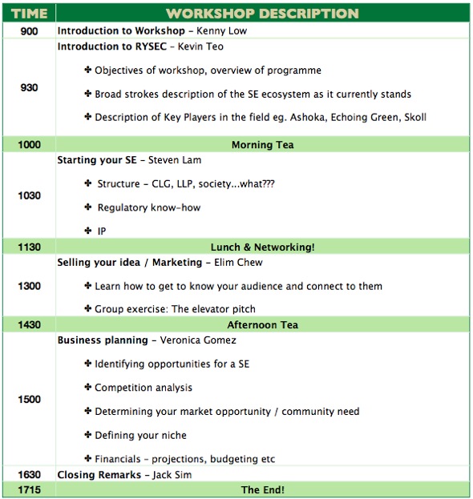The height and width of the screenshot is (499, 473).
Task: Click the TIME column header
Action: pos(28,14)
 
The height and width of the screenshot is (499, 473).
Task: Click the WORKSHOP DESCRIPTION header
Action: pos(261,14)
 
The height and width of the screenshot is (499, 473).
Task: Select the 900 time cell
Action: pos(28,30)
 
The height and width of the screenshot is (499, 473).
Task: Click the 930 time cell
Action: pos(28,87)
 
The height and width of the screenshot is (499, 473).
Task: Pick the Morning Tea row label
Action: pos(262,144)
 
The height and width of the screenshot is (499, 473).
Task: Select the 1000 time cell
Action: pos(28,144)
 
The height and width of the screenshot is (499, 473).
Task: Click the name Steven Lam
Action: pos(176,160)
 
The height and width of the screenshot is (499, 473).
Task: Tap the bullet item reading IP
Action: pos(102,231)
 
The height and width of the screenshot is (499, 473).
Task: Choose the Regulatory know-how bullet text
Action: pos(148,207)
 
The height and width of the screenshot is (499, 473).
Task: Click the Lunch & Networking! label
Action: pos(262,247)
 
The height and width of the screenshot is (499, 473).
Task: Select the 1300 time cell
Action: pos(28,285)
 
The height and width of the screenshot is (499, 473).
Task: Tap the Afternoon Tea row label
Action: pos(262,324)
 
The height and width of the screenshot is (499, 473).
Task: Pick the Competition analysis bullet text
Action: pos(144,388)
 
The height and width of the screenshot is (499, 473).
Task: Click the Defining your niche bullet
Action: pos(140,435)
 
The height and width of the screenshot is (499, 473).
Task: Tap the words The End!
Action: pos(262,489)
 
